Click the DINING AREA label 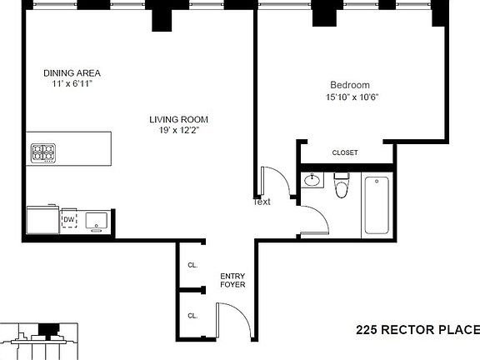(72, 72)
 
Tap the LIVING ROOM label (178, 118)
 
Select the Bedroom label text (349, 84)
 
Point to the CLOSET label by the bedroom (345, 152)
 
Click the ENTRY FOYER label (232, 279)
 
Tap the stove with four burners (43, 152)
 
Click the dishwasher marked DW (69, 220)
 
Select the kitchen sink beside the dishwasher (96, 221)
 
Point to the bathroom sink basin (312, 181)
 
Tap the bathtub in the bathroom (377, 204)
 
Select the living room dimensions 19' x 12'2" (178, 130)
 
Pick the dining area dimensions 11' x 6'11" (72, 84)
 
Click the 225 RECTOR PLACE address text (417, 330)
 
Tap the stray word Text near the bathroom (262, 202)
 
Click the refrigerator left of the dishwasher (42, 221)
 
